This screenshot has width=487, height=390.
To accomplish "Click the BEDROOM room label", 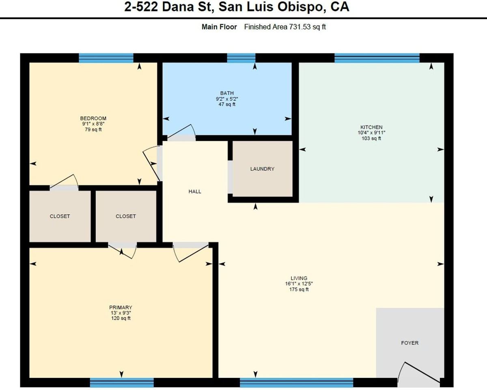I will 93,118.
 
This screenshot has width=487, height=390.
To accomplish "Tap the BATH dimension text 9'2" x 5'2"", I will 227,99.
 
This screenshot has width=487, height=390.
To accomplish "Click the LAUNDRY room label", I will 262,169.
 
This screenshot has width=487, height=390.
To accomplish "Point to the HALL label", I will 195,191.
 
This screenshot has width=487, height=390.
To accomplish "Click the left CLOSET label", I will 60,216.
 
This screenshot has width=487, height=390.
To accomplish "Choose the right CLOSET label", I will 126,216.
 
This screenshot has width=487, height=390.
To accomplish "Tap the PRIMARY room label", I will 121,308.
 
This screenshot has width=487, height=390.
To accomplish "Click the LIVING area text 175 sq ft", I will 296,290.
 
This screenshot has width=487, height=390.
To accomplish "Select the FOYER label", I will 409,343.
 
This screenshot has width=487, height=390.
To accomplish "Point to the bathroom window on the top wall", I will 241,58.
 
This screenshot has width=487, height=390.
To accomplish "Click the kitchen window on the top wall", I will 377,58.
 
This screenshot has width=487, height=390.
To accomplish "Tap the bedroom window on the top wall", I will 106,58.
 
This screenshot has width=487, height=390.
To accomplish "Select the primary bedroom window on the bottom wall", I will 122,383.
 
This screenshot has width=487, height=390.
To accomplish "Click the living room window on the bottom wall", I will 296,383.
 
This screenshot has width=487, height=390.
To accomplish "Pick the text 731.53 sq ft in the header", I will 307,27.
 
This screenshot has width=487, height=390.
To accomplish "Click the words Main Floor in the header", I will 219,27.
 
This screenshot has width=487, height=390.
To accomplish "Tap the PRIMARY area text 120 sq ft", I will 121,318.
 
